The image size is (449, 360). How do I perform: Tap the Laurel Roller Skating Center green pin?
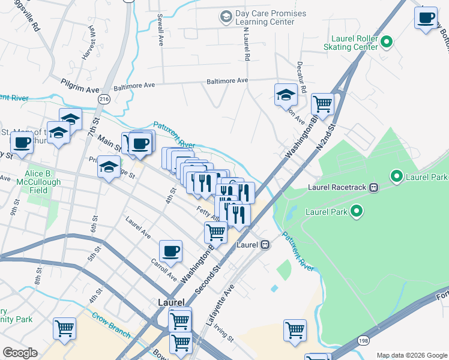(x=387, y=42)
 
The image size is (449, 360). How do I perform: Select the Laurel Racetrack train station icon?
(x=373, y=187)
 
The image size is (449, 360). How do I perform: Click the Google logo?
(x=20, y=353)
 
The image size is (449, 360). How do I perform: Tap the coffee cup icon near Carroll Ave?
(x=170, y=251)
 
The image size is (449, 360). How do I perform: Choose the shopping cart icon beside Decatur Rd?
(x=322, y=104)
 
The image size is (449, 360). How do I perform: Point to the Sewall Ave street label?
(x=160, y=30)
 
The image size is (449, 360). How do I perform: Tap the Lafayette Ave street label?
(x=220, y=305)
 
